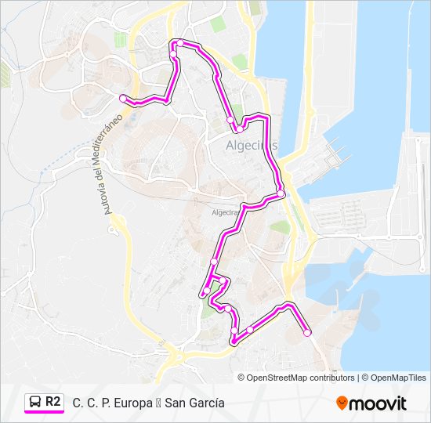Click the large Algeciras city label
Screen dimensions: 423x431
click(252, 146)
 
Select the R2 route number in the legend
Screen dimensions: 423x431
click(53, 401)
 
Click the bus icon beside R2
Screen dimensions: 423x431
click(34, 401)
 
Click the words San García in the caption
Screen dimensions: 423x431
click(195, 403)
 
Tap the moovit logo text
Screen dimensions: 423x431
click(378, 403)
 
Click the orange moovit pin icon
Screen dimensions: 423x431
click(342, 403)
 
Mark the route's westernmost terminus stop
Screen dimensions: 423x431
click(123, 98)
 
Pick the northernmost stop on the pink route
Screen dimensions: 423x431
click(180, 42)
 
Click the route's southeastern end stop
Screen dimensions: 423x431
click(307, 333)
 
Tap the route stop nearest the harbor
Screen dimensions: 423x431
click(280, 193)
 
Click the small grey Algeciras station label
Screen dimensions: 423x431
click(226, 212)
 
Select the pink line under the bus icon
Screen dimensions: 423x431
click(44, 411)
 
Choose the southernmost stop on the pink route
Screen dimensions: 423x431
click(234, 340)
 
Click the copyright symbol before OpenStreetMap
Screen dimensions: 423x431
click(241, 378)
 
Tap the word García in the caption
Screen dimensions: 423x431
click(207, 403)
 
